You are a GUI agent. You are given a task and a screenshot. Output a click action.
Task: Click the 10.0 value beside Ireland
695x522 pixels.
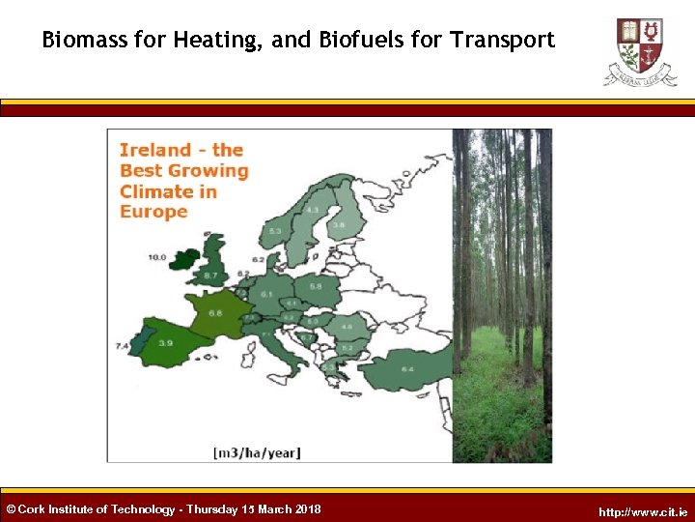pos(156,258)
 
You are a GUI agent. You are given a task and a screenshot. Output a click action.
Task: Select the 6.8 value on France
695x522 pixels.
pos(215,312)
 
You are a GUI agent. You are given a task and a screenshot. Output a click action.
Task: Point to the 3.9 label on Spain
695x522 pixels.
pos(165,343)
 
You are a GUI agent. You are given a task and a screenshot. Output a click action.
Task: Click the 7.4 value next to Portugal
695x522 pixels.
pos(123,345)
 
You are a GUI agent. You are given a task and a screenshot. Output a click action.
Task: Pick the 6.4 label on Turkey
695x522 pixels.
pos(407,369)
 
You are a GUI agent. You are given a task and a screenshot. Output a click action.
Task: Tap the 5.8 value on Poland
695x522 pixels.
pos(315,285)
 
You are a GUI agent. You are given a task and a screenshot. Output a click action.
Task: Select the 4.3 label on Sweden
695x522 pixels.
pos(312,210)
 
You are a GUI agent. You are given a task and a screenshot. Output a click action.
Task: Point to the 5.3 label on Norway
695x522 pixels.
pos(275,231)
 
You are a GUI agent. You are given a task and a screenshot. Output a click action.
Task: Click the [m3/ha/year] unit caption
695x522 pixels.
pos(257,451)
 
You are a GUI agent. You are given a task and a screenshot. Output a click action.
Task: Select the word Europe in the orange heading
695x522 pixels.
pos(153,212)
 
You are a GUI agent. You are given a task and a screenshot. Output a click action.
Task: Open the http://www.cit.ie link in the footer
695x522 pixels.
pos(643,511)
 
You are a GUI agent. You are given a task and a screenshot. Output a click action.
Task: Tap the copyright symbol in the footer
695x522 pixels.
pos(11,509)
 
